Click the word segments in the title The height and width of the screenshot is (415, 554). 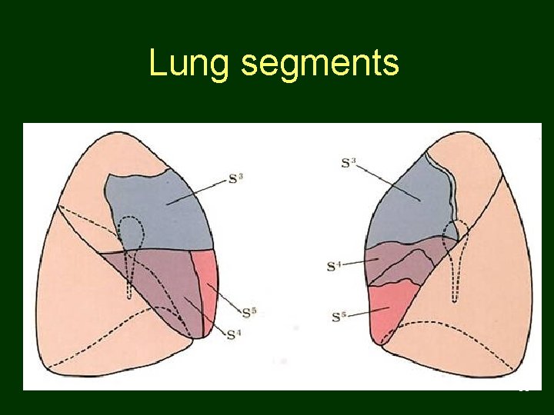319,65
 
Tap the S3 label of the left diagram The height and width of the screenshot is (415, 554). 236,179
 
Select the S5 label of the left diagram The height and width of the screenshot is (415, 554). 249,312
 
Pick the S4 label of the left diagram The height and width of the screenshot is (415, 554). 234,333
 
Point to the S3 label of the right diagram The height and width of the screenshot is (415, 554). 348,163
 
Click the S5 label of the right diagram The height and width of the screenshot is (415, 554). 339,316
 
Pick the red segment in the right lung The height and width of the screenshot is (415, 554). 389,307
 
